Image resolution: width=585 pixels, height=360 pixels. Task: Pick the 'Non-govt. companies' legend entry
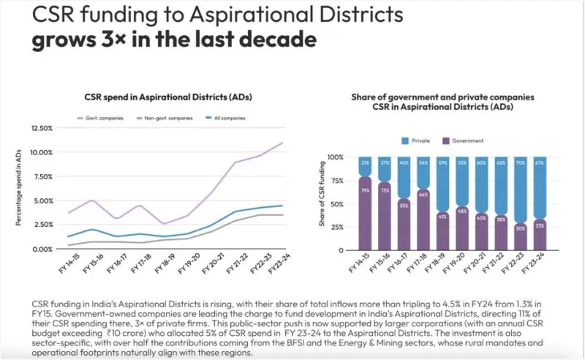[159, 118]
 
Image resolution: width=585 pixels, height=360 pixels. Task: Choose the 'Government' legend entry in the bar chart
[467, 140]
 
